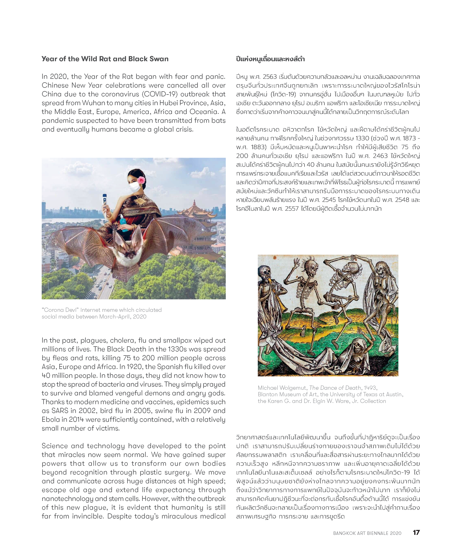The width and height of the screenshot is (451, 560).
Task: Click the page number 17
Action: [x=416, y=532]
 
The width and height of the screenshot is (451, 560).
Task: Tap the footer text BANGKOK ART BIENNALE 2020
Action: [x=367, y=533]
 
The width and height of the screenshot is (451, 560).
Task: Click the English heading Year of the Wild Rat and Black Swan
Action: [x=105, y=59]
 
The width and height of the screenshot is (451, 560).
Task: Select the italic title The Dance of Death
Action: [x=335, y=388]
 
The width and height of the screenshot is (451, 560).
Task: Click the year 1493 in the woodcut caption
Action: [x=370, y=388]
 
